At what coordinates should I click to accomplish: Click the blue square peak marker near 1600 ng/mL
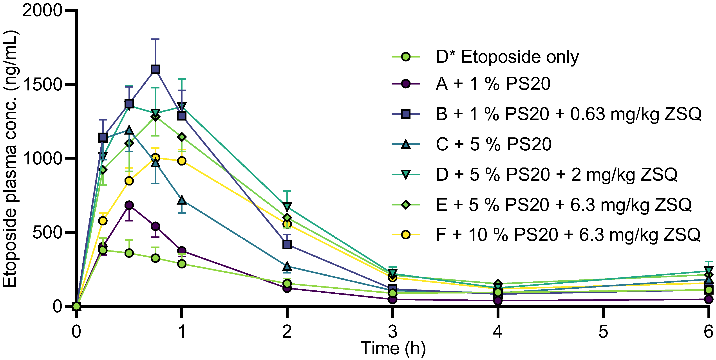pos(155,69)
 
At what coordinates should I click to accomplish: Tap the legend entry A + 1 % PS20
pos(493,84)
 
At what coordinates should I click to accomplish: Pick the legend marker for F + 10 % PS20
pos(406,235)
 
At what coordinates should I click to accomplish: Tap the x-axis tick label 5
pos(603,332)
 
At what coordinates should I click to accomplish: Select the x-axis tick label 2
pos(287,332)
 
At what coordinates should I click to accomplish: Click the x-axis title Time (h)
pos(393,348)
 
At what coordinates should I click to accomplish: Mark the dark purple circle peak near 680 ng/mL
pos(129,205)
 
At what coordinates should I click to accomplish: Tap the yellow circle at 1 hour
pos(182,161)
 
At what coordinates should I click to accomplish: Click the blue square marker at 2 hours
pos(287,245)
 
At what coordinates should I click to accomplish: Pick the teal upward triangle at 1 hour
pos(182,200)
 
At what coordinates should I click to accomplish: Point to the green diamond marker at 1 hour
pos(182,137)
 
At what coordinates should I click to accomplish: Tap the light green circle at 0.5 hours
pos(129,253)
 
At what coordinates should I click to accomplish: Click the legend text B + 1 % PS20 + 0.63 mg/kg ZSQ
pos(568,114)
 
